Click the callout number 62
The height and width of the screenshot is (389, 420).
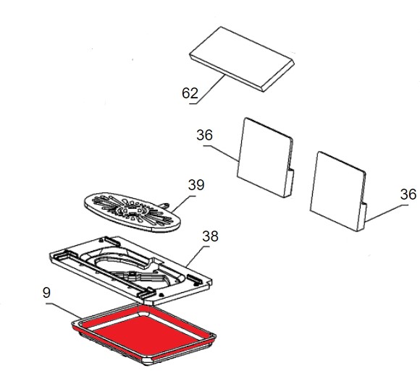coord(190,93)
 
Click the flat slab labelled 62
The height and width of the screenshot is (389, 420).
coord(242,59)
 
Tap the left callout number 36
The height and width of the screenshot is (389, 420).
coord(204,135)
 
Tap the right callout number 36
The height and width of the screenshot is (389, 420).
coord(408,194)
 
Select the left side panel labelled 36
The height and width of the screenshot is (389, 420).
coord(265,158)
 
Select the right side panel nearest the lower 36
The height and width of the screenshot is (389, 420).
coord(338,191)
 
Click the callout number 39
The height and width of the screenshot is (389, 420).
coord(196,184)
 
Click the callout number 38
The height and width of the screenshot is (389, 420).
coord(210,236)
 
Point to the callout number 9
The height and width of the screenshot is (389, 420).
coord(46,293)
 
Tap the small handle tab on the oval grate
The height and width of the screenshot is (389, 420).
coord(165,205)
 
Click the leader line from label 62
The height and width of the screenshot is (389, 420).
coord(207,90)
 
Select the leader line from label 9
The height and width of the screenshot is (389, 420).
coord(63,311)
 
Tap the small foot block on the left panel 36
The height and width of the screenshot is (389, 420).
coord(288,184)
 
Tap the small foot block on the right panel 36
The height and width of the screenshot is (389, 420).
coord(361,217)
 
